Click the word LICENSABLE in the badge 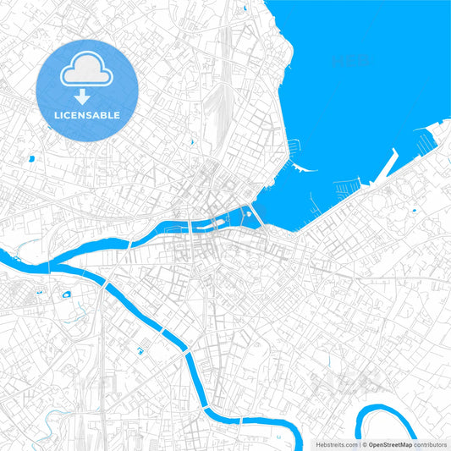coord(87,115)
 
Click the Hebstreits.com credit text coord(337,443)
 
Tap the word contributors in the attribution coord(430,443)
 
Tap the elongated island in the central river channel coord(217,224)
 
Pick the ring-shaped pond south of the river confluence coord(64,294)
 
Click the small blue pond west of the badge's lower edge coord(30,157)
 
